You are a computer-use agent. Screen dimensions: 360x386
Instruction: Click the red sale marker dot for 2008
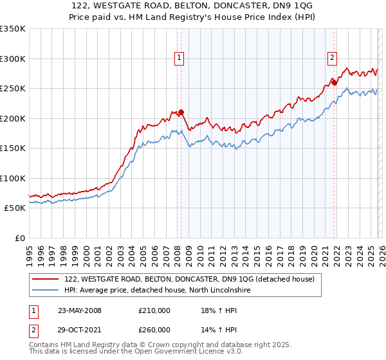click(181, 113)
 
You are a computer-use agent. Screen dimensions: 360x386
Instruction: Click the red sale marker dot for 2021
click(335, 82)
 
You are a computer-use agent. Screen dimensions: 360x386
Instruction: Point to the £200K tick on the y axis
click(13, 118)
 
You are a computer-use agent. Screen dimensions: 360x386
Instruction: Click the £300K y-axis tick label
click(13, 59)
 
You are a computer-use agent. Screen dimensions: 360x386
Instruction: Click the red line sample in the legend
click(46, 280)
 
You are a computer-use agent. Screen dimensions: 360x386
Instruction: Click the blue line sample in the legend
click(46, 291)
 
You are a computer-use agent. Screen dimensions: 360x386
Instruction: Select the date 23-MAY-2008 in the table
click(79, 310)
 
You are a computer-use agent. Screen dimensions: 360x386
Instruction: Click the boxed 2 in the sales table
click(33, 329)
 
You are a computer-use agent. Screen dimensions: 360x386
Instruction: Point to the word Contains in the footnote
click(45, 345)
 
